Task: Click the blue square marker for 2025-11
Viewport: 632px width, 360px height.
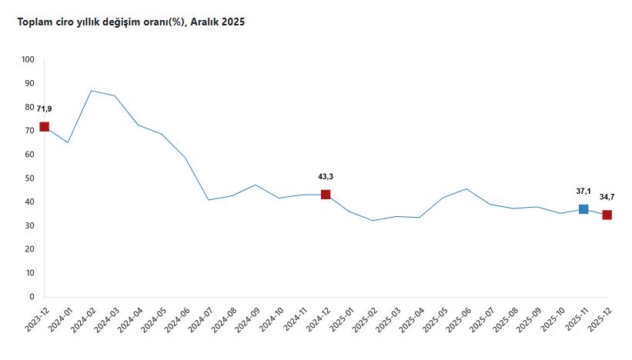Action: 584,209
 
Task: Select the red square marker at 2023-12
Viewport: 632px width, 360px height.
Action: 44,127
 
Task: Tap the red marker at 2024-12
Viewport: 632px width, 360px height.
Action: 326,195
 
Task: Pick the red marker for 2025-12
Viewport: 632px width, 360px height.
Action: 607,215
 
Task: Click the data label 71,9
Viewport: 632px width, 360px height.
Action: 44,108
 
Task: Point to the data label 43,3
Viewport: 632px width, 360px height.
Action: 326,176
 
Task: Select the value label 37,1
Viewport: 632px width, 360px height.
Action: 584,191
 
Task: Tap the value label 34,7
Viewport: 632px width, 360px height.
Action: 607,197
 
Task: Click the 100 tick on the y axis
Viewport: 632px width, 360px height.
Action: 28,59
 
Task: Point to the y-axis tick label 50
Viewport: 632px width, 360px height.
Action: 30,178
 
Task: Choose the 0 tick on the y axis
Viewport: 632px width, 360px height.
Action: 32,296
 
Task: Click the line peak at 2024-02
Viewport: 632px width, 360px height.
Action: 91,91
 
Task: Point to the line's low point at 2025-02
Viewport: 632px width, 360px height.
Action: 373,221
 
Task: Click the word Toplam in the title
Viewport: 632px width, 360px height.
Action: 33,22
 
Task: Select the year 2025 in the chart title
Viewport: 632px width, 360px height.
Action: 232,22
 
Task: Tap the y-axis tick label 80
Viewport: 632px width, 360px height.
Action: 30,107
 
